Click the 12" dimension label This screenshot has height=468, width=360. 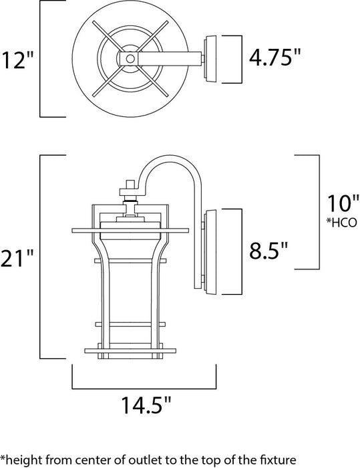[17, 60]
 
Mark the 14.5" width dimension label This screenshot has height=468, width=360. [144, 406]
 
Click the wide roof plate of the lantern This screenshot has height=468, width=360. [131, 231]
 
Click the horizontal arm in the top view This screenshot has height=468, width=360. [167, 59]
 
